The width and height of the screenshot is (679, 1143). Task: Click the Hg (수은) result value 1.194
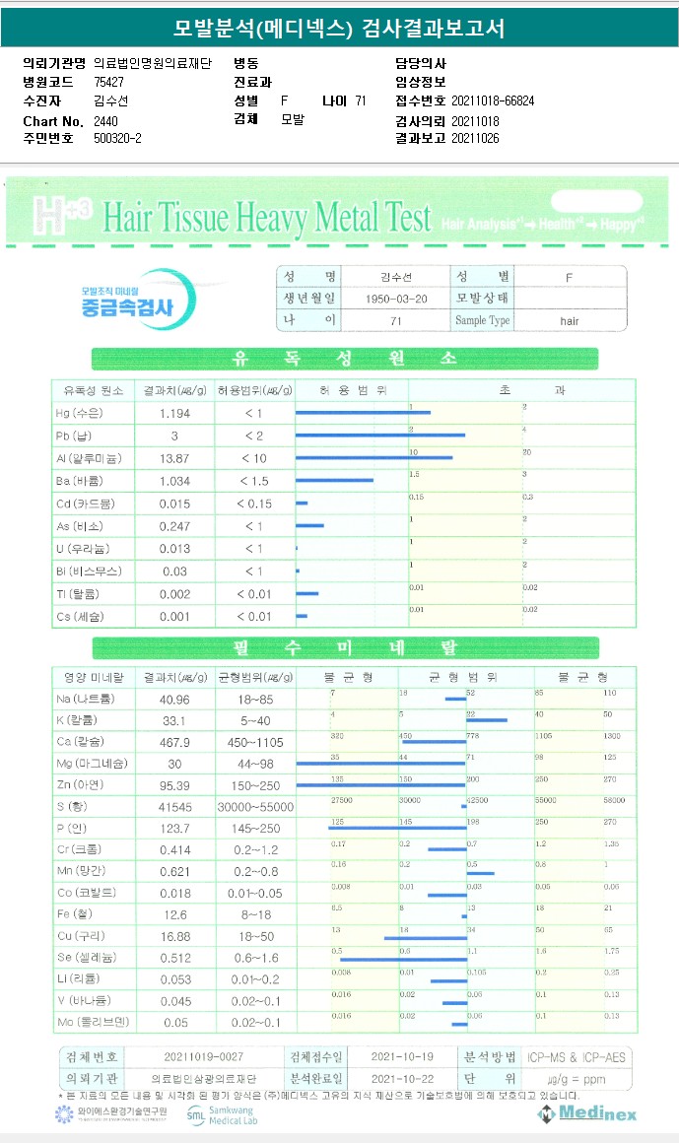(x=174, y=413)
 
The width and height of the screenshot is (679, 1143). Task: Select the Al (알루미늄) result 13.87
(x=174, y=458)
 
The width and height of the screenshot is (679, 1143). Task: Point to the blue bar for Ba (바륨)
(x=334, y=481)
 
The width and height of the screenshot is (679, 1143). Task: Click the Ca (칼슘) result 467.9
(x=174, y=741)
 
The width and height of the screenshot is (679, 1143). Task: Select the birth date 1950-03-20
(x=395, y=298)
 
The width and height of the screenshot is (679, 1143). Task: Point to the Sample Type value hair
(x=570, y=320)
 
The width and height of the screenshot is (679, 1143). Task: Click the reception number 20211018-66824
(x=493, y=101)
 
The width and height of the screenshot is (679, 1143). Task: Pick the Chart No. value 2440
(x=105, y=120)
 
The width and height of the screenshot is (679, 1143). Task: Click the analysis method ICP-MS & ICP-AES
(x=576, y=1057)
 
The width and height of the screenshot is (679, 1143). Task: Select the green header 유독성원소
(x=345, y=359)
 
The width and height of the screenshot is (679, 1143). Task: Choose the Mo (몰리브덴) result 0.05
(x=174, y=1023)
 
